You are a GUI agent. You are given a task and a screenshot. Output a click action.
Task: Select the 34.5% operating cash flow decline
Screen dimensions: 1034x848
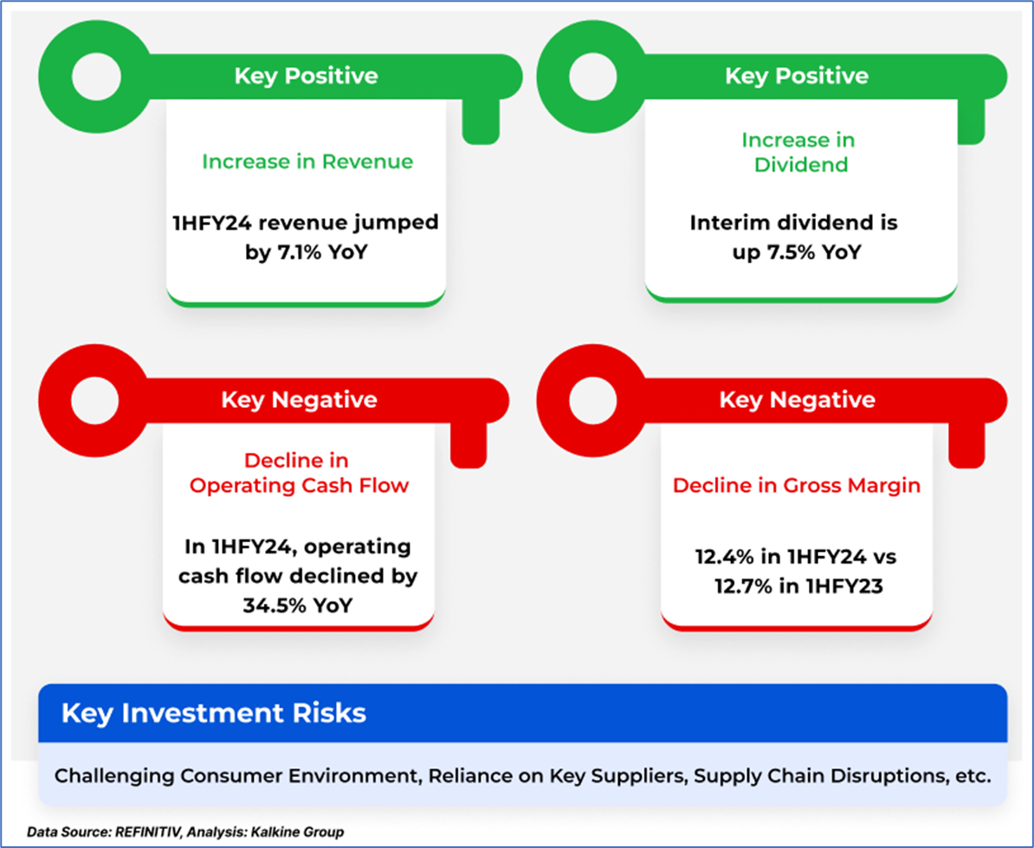tap(270, 605)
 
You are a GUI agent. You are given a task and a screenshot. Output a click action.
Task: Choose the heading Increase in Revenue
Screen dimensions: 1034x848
tap(307, 162)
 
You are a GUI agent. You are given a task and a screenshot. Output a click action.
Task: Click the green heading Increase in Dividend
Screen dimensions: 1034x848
tap(798, 152)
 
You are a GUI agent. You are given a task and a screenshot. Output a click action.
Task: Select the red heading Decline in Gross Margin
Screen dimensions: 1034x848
tap(797, 486)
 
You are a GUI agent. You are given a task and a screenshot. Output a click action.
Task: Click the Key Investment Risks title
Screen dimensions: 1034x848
tap(214, 714)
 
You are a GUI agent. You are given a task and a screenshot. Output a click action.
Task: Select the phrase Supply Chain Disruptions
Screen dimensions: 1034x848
tap(820, 776)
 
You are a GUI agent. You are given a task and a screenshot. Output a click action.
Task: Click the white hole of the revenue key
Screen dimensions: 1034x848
tap(96, 77)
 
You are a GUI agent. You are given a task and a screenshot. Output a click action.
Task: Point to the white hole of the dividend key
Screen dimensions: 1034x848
tap(592, 77)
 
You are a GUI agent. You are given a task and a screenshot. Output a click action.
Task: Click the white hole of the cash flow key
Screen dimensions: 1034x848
tap(95, 400)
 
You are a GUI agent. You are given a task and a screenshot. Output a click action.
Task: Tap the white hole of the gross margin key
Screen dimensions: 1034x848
tap(592, 400)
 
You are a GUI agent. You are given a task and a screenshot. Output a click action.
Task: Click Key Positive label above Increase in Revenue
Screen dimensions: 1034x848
tap(306, 76)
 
